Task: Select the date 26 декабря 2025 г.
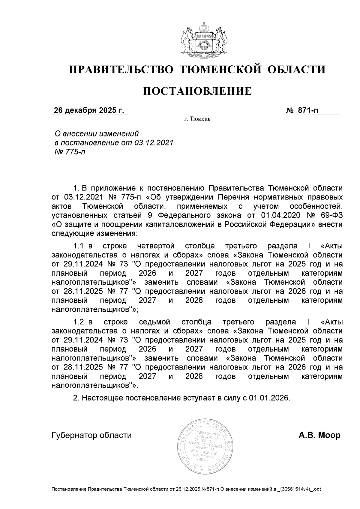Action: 89,110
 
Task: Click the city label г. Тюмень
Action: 197,119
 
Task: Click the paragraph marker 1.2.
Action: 80,322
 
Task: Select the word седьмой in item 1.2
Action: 155,322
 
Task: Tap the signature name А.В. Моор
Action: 319,435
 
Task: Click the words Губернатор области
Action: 92,435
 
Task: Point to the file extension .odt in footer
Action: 316,490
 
